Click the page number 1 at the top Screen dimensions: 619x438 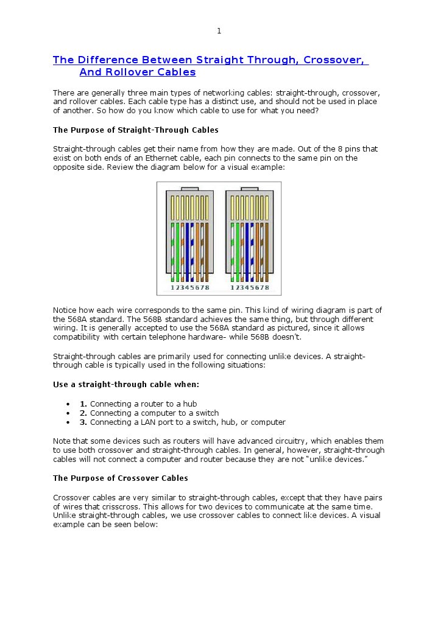tap(219, 31)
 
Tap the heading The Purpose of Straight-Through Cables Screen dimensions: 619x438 tap(135, 130)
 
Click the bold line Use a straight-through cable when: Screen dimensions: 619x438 tap(126, 385)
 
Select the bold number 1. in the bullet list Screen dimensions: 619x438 tap(83, 404)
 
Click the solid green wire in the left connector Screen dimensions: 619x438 tap(177, 250)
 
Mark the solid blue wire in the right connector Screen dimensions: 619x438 tap(242, 250)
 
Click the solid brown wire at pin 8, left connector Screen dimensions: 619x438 tap(207, 250)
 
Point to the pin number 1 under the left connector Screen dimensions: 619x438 tap(172, 287)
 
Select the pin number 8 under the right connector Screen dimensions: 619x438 tap(267, 287)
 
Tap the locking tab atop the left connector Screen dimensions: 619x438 tap(189, 189)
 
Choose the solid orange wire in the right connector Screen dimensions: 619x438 tap(257, 250)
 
